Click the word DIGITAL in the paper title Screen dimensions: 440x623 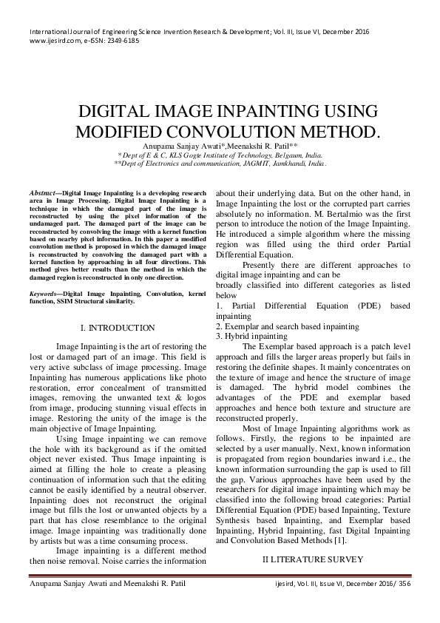118,112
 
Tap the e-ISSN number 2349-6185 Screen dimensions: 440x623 121,42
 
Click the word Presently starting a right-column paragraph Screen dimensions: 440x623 261,264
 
